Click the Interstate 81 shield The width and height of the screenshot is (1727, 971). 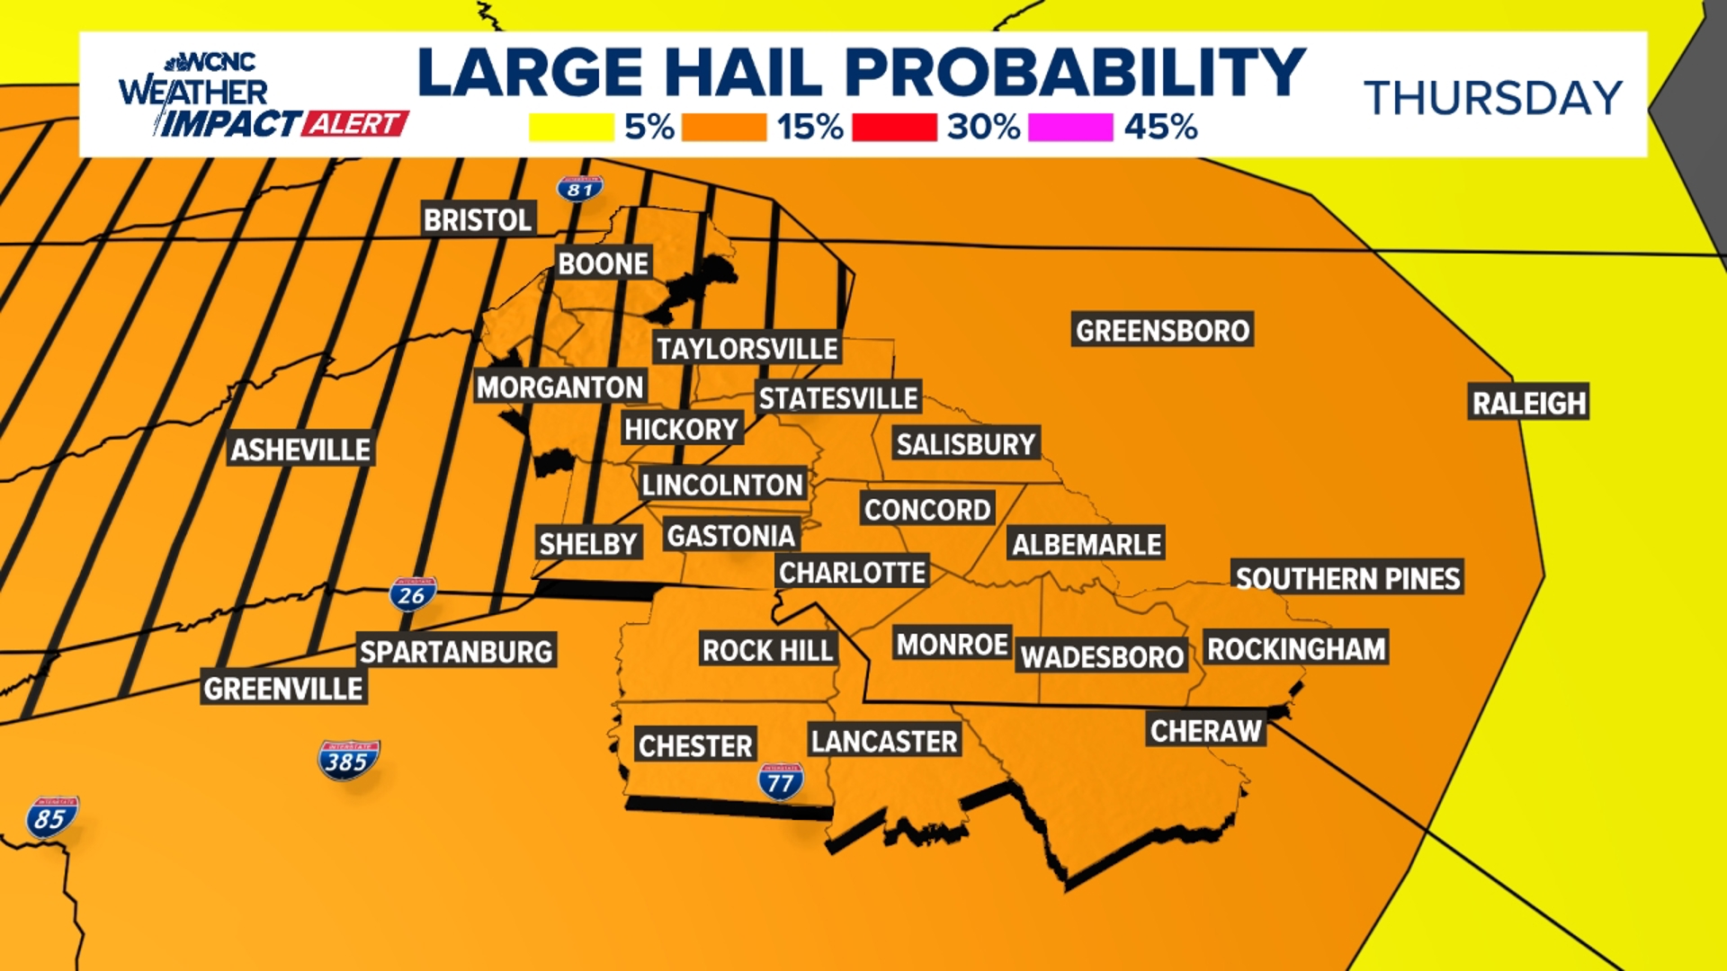(580, 189)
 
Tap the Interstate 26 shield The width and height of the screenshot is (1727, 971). (413, 594)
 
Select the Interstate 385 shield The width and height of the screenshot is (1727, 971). (348, 761)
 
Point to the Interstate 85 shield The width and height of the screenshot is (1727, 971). (52, 817)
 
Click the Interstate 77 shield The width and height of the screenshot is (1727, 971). (780, 782)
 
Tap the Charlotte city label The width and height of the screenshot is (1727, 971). (852, 573)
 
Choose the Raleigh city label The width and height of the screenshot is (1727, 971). (1528, 403)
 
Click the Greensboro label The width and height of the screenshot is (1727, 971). (1162, 331)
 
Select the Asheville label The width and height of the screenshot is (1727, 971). (300, 450)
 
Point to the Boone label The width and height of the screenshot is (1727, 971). (603, 263)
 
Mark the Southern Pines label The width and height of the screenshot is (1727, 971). (1347, 578)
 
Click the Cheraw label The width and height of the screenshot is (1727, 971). (1205, 731)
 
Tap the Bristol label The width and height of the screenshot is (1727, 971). (478, 219)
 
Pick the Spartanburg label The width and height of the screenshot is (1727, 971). (456, 652)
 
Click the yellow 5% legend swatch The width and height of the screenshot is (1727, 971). (571, 128)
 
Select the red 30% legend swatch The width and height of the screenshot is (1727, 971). (894, 128)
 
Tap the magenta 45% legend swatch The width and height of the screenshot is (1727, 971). (1070, 128)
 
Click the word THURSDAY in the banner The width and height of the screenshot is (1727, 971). (1493, 98)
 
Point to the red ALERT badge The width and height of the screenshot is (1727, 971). (354, 124)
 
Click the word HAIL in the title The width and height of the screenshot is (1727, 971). (743, 72)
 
